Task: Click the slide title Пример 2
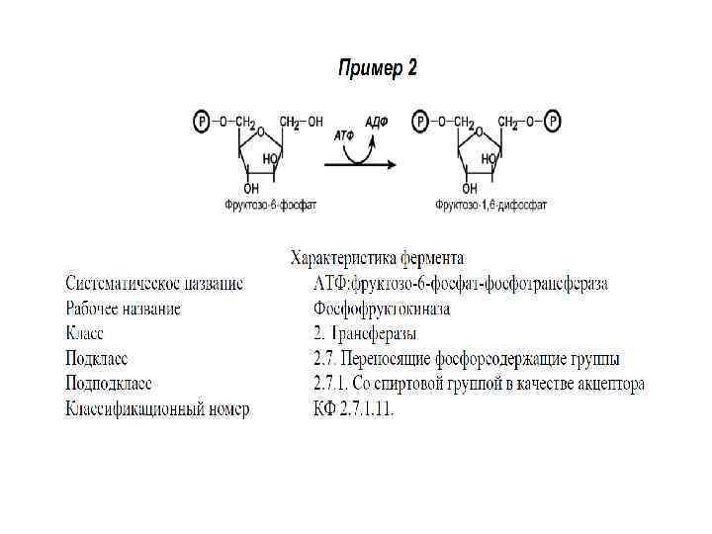point(378,68)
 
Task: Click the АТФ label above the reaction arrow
point(344,133)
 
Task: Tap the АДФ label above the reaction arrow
point(377,122)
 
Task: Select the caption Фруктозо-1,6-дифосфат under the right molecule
point(490,206)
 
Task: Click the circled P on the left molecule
point(201,122)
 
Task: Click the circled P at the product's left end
point(420,122)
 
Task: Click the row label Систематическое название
point(153,284)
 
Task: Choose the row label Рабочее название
point(123,309)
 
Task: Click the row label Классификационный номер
point(157,408)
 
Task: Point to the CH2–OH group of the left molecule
point(301,123)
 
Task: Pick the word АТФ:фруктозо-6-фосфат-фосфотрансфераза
point(460,284)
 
